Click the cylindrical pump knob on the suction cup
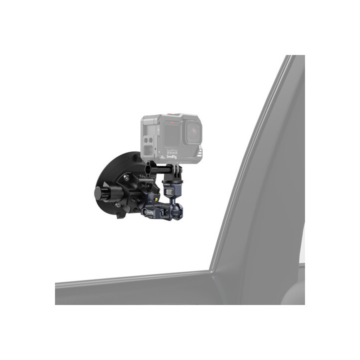(x=102, y=192)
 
